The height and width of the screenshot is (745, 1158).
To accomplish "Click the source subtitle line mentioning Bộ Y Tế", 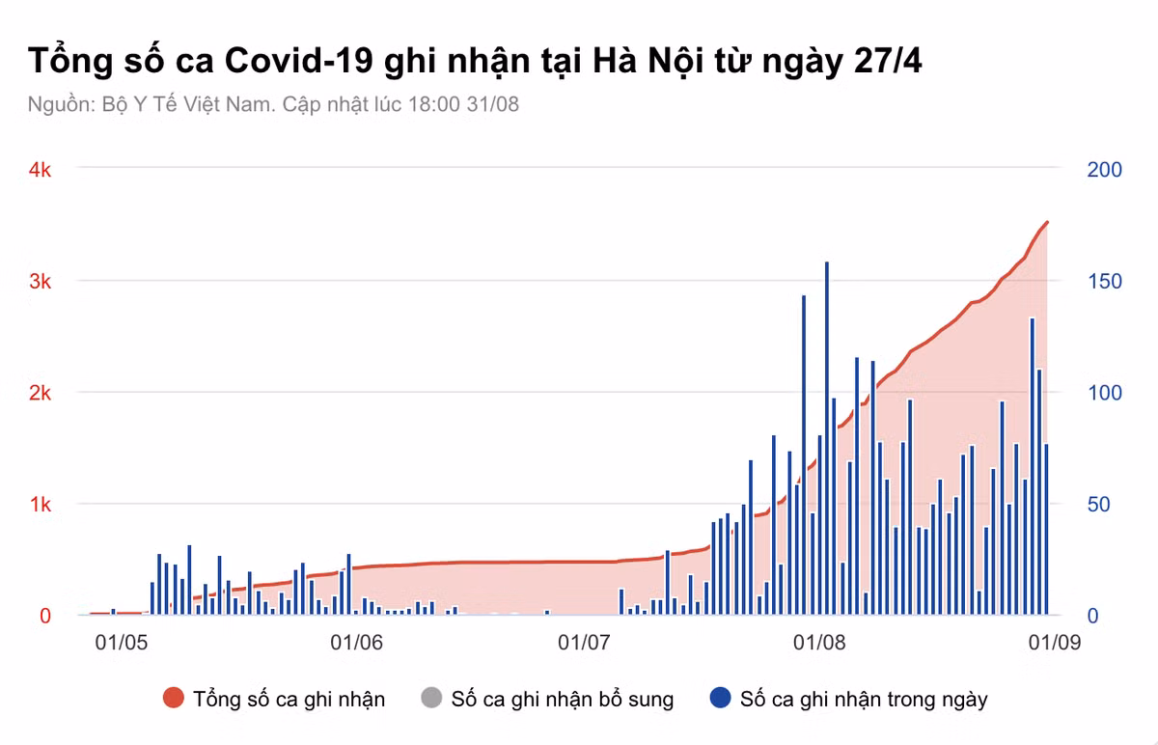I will [273, 104].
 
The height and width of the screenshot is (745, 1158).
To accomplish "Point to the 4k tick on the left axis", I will [40, 170].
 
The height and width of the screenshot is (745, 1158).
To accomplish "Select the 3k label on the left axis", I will [40, 282].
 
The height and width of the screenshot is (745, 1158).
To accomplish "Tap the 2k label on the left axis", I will [40, 393].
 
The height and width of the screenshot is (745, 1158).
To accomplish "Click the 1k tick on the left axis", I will [40, 505].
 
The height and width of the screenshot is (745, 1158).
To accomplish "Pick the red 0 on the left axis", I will [44, 616].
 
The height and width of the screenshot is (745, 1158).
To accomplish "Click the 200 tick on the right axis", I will [1104, 170].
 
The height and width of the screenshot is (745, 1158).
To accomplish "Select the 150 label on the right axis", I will [1104, 282].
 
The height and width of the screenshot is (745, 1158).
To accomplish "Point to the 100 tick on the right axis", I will [1104, 393].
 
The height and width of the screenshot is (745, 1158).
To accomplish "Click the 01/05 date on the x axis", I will [122, 642].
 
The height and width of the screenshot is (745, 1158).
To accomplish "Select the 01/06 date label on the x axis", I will [356, 642].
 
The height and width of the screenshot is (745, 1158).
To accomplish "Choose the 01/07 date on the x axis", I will [585, 642].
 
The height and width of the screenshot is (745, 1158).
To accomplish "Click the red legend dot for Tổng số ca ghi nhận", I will [174, 699].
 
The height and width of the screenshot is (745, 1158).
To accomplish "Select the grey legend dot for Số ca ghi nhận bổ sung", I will [431, 699].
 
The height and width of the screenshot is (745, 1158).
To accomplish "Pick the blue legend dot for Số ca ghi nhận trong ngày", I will [720, 699].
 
